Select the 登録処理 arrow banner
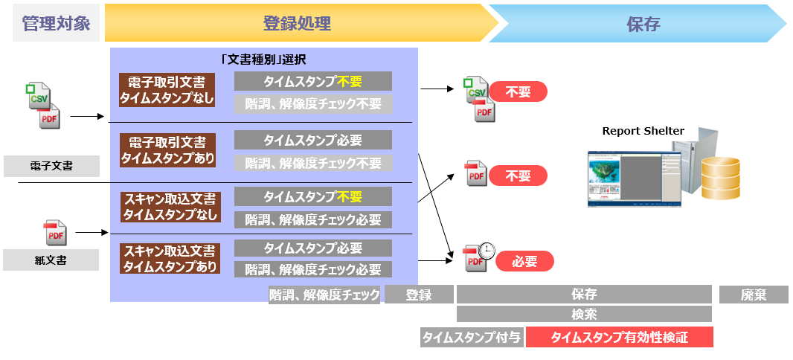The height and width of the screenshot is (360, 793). tap(298, 24)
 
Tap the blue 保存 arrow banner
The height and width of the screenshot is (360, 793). tap(640, 24)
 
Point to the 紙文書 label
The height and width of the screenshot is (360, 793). tap(51, 260)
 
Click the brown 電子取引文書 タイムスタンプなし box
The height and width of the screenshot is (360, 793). tap(167, 90)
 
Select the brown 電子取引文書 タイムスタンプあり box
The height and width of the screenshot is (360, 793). tap(167, 150)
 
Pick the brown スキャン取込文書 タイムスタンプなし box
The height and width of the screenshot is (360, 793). tap(170, 207)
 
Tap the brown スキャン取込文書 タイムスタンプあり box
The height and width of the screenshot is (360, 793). tap(170, 258)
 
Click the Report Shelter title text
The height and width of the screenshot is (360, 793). tap(643, 131)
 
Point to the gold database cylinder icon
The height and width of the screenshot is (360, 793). tap(719, 178)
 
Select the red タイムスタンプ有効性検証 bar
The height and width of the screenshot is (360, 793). tap(619, 338)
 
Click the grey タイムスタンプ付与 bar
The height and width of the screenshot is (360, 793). tap(471, 338)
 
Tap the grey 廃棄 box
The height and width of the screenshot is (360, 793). tap(753, 295)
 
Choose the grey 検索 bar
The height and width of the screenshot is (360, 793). tap(584, 314)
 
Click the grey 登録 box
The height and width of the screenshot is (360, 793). tap(418, 295)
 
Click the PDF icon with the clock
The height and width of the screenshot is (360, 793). tap(479, 257)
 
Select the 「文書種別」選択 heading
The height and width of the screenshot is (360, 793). tap(264, 60)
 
